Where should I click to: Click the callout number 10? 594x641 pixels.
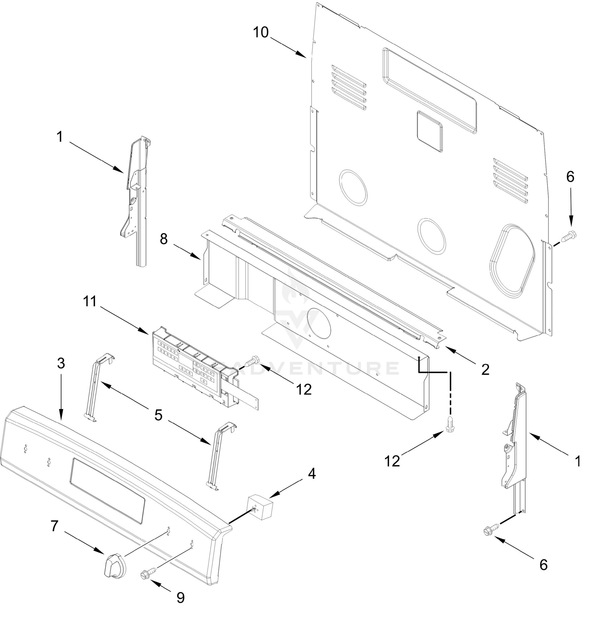tap(260, 33)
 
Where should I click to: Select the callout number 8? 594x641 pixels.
tap(164, 239)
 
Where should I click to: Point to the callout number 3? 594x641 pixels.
tap(61, 363)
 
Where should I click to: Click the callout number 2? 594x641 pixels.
tap(485, 370)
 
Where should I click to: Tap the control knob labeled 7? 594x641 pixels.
tap(115, 566)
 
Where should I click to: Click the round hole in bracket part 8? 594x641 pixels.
tap(318, 323)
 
